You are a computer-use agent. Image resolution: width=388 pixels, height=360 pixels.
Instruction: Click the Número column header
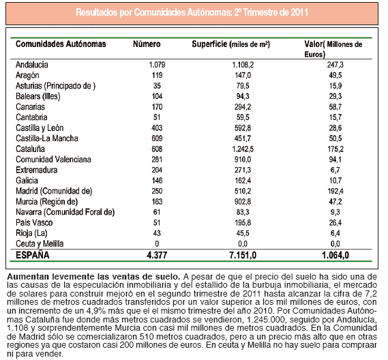[147, 44]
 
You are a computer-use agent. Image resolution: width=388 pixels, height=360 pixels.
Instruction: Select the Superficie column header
[230, 44]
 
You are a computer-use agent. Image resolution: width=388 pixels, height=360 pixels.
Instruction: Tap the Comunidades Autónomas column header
[61, 44]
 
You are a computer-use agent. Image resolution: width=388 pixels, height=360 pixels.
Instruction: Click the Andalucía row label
[32, 65]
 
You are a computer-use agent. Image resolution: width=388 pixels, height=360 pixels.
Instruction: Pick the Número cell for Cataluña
[157, 149]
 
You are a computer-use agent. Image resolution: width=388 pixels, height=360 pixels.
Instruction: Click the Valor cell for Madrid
[335, 191]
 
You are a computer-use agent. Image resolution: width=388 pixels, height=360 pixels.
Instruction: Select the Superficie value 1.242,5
[243, 149]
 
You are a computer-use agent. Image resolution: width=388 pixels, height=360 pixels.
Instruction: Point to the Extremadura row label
[37, 170]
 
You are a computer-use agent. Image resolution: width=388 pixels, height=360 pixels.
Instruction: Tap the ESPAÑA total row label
[33, 255]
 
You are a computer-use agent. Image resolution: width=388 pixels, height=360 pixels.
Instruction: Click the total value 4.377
[157, 255]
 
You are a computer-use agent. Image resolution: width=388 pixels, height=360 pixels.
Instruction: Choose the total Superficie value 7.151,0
[243, 255]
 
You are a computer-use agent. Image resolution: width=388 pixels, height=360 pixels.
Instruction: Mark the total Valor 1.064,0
[335, 255]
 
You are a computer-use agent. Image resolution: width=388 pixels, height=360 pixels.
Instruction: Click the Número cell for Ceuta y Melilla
[157, 243]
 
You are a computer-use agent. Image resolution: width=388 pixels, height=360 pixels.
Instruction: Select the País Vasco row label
[34, 223]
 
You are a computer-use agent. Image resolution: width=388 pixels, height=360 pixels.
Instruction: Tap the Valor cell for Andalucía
[335, 65]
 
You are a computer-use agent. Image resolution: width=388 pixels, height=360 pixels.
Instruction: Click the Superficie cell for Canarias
[243, 107]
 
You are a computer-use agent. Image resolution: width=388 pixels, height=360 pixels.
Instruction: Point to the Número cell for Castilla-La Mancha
[157, 138]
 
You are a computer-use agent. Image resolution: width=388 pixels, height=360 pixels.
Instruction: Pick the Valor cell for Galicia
[335, 181]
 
